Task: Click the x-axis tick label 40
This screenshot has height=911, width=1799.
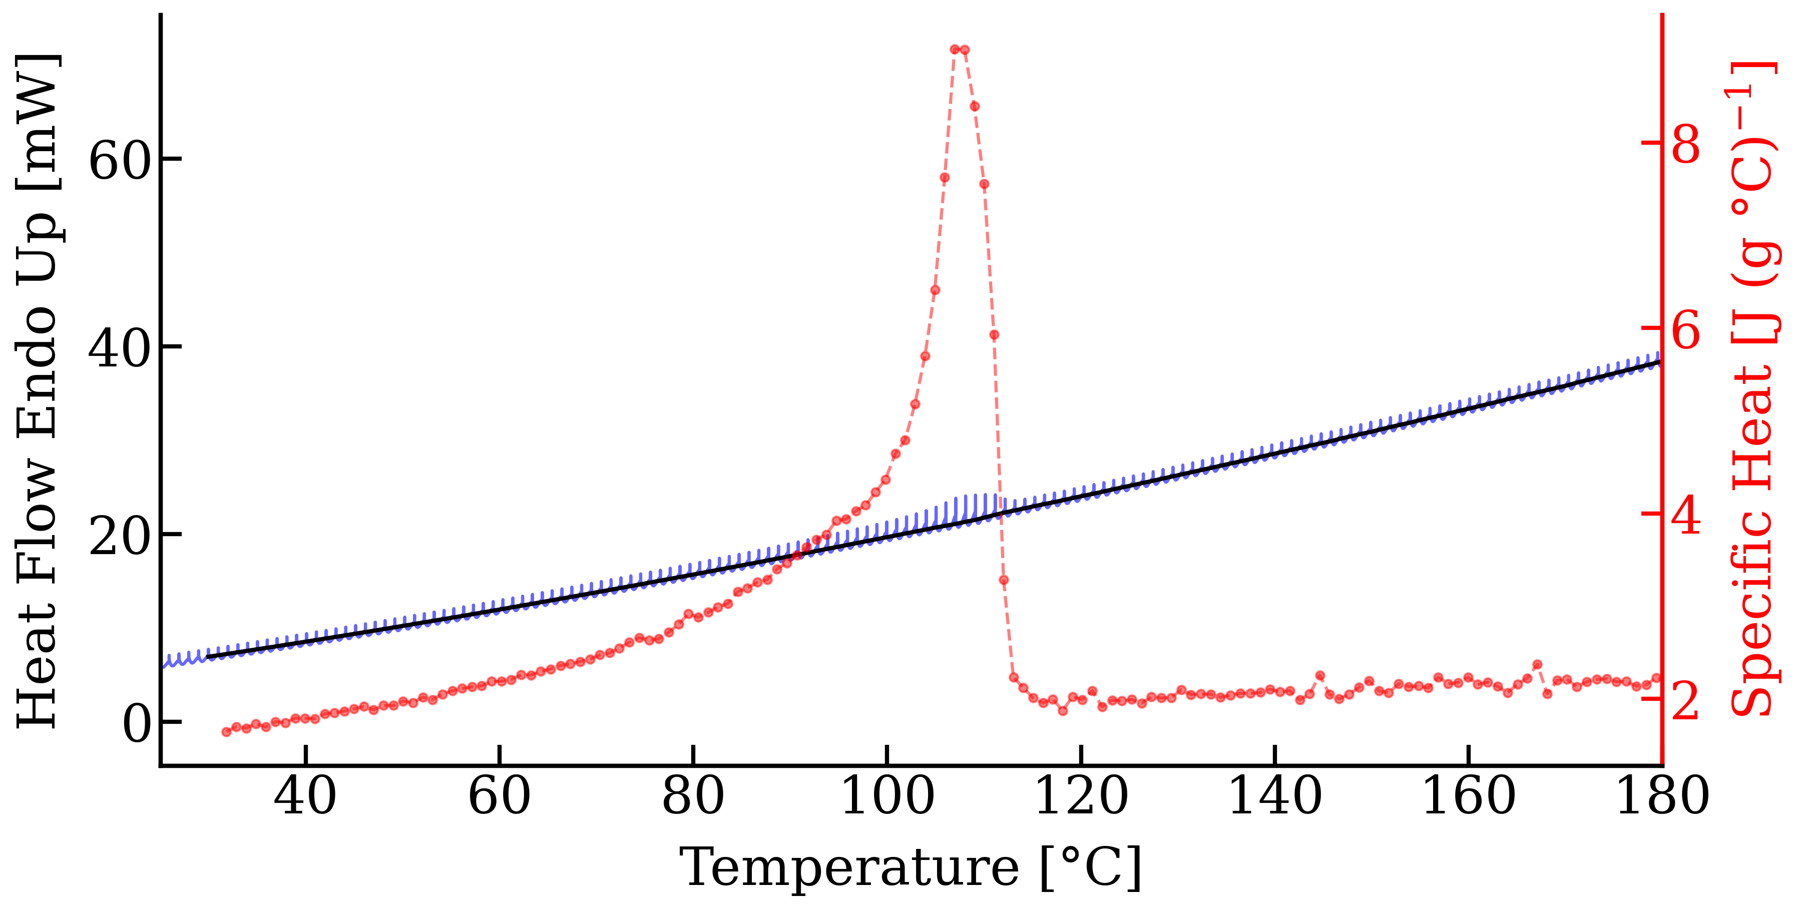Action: point(305,797)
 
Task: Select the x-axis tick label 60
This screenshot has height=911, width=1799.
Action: point(500,797)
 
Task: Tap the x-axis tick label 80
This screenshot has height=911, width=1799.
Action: point(693,797)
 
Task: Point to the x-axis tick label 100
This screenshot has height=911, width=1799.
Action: point(887,797)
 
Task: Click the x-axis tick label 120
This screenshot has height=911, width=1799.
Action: point(1081,797)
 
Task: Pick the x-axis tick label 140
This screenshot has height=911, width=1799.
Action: point(1275,797)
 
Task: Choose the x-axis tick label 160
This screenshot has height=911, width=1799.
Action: point(1469,797)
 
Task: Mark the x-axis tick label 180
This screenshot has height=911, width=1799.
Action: point(1662,797)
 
